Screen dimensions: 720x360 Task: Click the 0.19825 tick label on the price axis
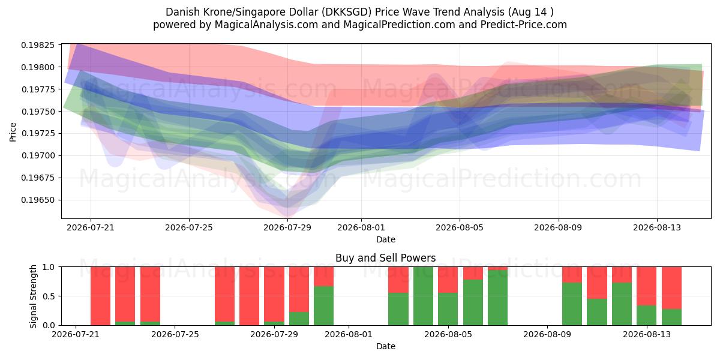click(x=38, y=45)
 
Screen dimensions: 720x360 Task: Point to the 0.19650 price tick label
click(x=38, y=200)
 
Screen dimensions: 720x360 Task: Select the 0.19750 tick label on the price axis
click(x=38, y=112)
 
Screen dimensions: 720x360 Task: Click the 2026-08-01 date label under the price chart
click(x=361, y=227)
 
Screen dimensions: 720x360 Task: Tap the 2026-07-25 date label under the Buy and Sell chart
click(x=175, y=334)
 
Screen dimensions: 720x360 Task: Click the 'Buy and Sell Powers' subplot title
click(x=386, y=258)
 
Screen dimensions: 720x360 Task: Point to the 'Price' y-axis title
click(x=13, y=132)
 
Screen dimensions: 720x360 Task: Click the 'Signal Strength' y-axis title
click(x=34, y=296)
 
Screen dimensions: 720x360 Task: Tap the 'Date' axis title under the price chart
click(x=386, y=239)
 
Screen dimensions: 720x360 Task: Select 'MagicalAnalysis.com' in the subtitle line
click(x=266, y=25)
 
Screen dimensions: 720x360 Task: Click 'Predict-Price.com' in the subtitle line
click(x=524, y=25)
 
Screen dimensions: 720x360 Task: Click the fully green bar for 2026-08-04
click(x=423, y=296)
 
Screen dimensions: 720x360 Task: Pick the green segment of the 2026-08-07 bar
click(x=497, y=298)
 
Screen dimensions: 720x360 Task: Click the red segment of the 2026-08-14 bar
click(x=671, y=288)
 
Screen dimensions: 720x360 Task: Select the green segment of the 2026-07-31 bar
click(x=323, y=305)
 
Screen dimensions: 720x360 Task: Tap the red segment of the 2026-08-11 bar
click(x=597, y=283)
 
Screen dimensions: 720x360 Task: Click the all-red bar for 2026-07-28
click(x=249, y=296)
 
